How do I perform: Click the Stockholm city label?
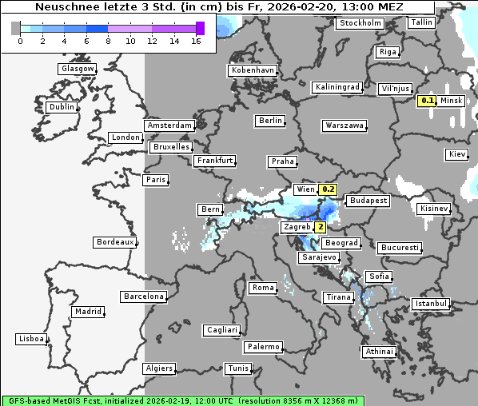(x=360, y=23)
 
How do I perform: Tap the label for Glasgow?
(x=77, y=69)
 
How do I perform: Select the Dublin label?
(x=61, y=107)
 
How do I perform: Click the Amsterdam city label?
(x=169, y=125)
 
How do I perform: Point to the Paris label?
(x=156, y=180)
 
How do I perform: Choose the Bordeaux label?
(x=114, y=242)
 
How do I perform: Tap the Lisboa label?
(x=31, y=339)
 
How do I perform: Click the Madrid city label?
(x=87, y=312)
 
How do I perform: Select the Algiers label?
(x=158, y=368)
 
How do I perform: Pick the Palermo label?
(x=263, y=347)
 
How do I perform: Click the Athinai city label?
(x=379, y=352)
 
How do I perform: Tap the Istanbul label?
(x=431, y=304)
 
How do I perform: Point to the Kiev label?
(x=457, y=154)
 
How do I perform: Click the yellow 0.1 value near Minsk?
(x=428, y=101)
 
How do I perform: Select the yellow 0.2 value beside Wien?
(x=329, y=189)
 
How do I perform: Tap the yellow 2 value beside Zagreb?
(x=321, y=227)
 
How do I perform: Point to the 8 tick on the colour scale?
(x=108, y=42)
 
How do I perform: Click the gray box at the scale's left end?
(x=16, y=28)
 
